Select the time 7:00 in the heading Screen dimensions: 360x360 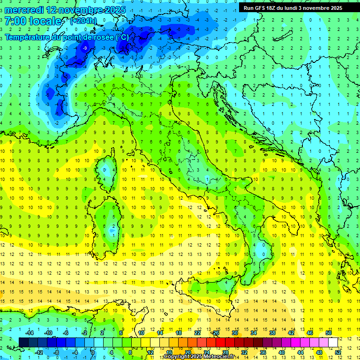click(15, 21)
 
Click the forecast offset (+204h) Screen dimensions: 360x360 click(83, 21)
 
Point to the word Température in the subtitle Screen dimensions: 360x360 click(31, 37)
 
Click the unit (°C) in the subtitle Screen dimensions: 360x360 click(122, 37)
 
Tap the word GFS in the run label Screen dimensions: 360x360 click(260, 8)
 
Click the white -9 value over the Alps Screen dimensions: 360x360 click(85, 48)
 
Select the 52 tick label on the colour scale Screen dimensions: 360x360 click(338, 352)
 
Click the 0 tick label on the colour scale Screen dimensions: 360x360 click(93, 352)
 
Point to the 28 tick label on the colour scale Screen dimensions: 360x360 click(225, 352)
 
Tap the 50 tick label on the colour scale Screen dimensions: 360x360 click(328, 332)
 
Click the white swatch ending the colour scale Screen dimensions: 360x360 click(333, 342)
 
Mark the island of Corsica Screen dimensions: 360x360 click(109, 167)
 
